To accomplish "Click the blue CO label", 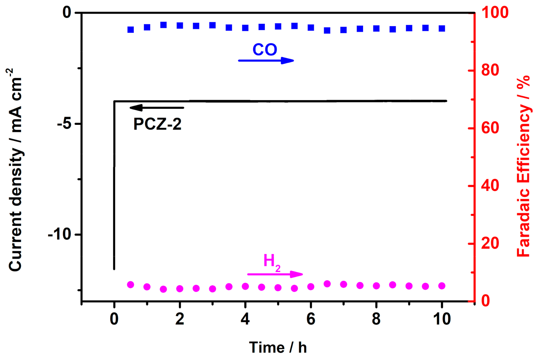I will tap(265, 50).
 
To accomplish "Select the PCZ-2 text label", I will tap(157, 124).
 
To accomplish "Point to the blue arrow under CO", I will tap(266, 60).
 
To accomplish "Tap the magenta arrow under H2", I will tap(275, 274).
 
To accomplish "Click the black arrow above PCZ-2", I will tap(157, 107).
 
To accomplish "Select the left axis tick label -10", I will tap(59, 234).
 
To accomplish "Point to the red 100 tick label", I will tap(495, 13).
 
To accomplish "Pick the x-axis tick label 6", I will tap(311, 319).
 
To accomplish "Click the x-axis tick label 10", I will tap(442, 319).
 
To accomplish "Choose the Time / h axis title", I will tap(278, 347).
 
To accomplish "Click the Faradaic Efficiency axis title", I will tap(523, 166).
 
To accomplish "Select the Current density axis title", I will tap(16, 170).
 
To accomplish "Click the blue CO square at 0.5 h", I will tap(131, 30).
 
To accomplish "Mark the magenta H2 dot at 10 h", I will tap(442, 286).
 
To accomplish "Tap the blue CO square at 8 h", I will tap(376, 29).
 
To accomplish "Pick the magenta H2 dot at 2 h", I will tap(180, 289).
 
